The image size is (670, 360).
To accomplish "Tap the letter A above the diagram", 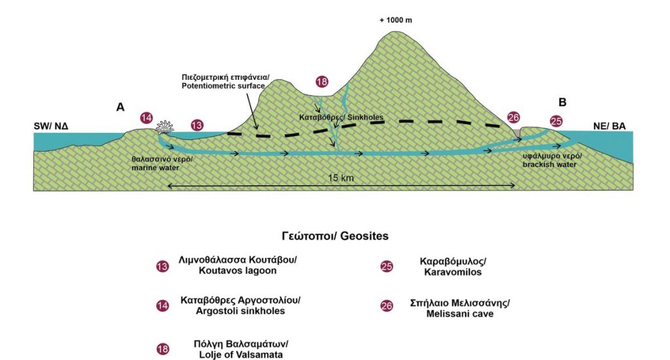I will click(x=120, y=107).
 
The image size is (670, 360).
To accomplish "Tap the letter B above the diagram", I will click(x=562, y=102).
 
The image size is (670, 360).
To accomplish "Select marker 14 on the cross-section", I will click(x=147, y=118).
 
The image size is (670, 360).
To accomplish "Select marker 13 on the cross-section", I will click(x=196, y=125).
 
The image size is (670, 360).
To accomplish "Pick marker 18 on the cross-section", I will click(x=322, y=82).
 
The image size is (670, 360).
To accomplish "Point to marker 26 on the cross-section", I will click(x=514, y=118).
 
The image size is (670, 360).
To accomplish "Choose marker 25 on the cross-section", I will click(x=556, y=121).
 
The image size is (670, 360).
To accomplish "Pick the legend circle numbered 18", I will click(x=162, y=350).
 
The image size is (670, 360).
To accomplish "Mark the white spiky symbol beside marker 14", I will click(x=164, y=126).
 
